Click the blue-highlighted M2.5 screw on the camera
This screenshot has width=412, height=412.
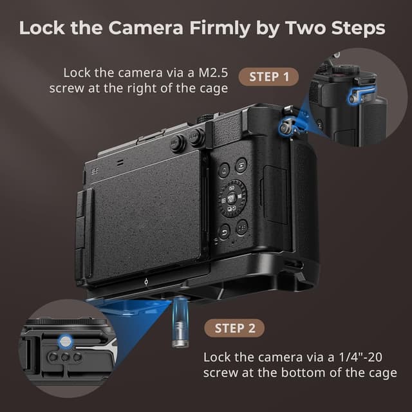(284, 129)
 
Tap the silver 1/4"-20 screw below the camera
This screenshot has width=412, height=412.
(180, 321)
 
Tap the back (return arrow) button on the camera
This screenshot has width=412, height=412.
(225, 232)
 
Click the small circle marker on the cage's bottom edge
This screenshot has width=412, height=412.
(147, 281)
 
